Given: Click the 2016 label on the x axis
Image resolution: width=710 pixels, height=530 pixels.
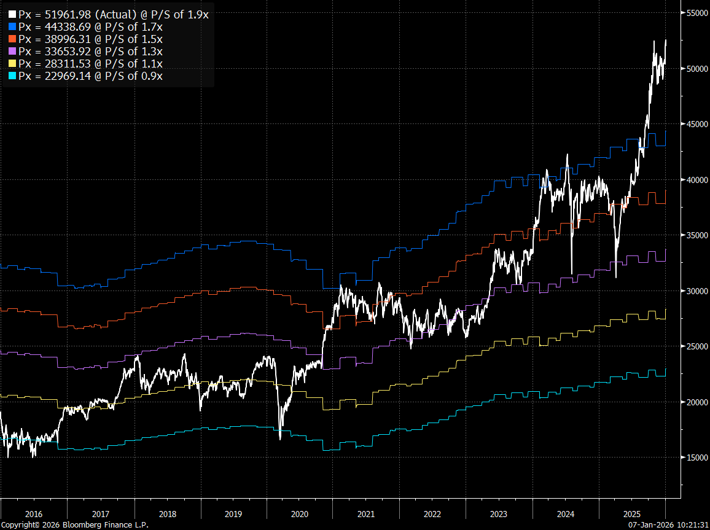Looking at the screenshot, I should [34, 513].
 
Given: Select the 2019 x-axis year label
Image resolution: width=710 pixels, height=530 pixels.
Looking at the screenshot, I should [233, 513].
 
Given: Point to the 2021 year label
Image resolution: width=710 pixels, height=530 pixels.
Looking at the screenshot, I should [366, 513].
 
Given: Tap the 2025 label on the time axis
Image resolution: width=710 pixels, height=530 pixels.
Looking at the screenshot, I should [632, 513].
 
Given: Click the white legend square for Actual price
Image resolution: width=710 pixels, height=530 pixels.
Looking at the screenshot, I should [12, 15].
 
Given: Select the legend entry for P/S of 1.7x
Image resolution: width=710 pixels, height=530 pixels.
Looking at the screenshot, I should [90, 27].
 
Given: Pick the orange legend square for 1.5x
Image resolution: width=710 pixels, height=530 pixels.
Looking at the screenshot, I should [12, 39].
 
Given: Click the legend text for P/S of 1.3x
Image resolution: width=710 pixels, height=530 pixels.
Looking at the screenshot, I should [90, 52].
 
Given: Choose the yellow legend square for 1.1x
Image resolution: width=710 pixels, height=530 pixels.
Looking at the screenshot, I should [12, 64].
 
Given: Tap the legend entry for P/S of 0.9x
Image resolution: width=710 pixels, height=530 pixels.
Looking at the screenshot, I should [90, 76].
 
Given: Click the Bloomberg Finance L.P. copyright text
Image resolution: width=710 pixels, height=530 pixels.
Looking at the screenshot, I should [74, 525].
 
